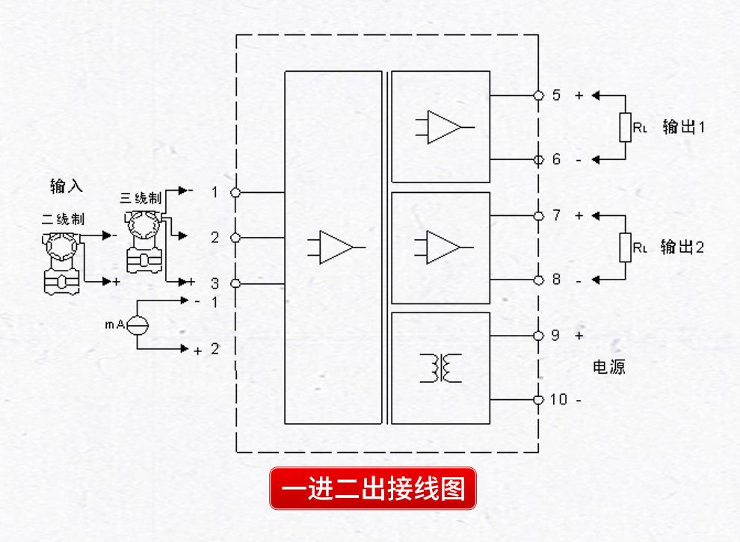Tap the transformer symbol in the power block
[x=442, y=367]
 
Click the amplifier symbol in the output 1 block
[x=443, y=126]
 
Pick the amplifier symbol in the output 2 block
[x=443, y=246]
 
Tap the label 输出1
[x=683, y=127]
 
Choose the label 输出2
[x=683, y=247]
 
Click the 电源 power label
[x=608, y=368]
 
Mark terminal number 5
[x=555, y=96]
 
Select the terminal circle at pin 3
[x=235, y=284]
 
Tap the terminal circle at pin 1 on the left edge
[x=235, y=192]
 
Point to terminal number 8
[x=555, y=280]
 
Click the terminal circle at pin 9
[x=538, y=336]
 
